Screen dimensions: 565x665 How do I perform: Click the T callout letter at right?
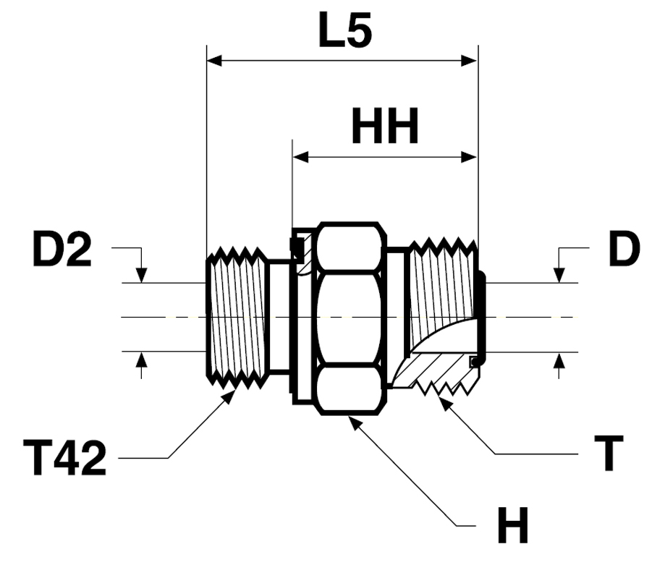612,454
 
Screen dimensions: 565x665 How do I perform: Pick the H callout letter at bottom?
512,526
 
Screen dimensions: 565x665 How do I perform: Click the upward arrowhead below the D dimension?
558,360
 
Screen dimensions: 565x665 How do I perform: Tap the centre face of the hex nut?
347,318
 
